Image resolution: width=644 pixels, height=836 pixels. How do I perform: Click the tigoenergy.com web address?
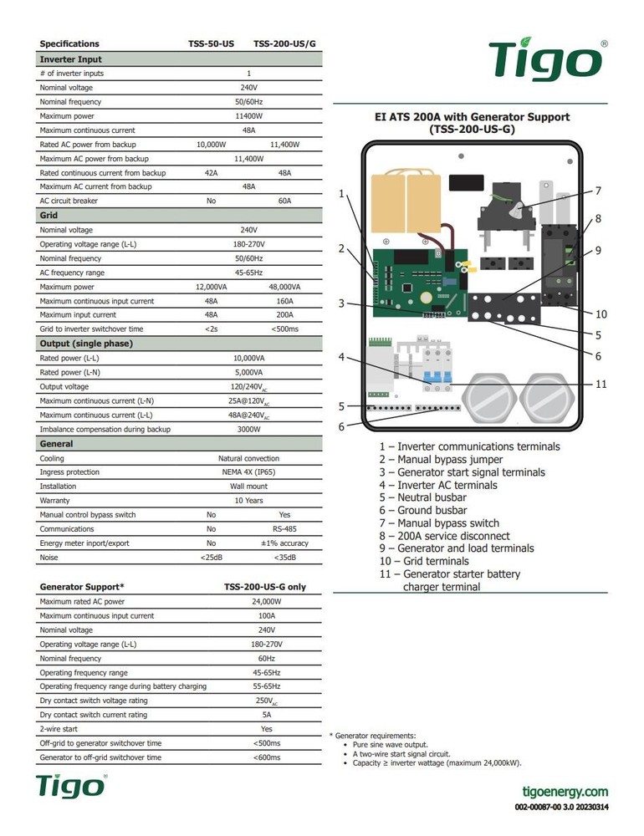coord(565,792)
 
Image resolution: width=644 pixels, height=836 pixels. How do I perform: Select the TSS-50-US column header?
coord(211,43)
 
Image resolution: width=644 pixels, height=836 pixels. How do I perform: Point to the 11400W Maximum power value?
coord(248,116)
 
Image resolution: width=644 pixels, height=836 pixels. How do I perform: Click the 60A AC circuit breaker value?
coord(284,201)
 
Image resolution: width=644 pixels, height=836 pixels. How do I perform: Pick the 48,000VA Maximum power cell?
coord(284,287)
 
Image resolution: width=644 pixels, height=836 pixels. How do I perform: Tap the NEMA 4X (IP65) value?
coord(248,472)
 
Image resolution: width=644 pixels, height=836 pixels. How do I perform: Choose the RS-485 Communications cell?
coord(284,529)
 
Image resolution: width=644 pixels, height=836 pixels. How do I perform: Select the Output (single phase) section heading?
coord(86,344)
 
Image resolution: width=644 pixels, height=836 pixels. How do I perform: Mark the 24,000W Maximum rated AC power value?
coord(267,602)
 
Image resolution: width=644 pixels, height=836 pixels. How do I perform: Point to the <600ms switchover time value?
coord(267,757)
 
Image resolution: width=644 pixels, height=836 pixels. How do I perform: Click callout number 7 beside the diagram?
coord(598,191)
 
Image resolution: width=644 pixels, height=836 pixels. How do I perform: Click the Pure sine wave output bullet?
coord(391,744)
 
